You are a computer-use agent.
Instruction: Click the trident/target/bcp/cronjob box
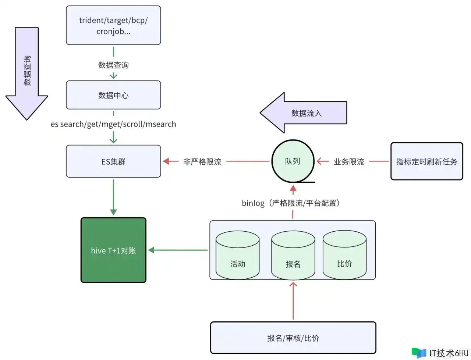pos(113,25)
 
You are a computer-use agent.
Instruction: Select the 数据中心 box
pos(113,95)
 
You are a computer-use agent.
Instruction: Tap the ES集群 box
pos(113,161)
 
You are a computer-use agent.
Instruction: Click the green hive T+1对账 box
pos(113,250)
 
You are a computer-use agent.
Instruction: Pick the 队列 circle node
pos(293,161)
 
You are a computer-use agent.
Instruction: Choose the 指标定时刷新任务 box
pos(426,161)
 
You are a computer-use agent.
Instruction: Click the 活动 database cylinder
pos(237,255)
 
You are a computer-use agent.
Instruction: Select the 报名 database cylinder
pos(293,255)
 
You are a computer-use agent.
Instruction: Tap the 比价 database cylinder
pos(344,255)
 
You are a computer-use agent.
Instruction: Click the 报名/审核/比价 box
pos(293,338)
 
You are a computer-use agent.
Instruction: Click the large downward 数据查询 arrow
pos(27,74)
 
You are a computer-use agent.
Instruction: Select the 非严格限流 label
pos(202,161)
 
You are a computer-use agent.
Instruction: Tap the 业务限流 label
pos(349,161)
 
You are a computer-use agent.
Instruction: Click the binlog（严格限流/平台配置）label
pos(291,203)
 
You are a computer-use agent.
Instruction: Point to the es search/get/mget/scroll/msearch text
pos(113,124)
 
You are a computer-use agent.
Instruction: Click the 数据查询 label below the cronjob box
pos(113,65)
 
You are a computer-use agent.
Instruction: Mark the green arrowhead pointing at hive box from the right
pos(151,250)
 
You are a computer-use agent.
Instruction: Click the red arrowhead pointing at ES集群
pos(166,161)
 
